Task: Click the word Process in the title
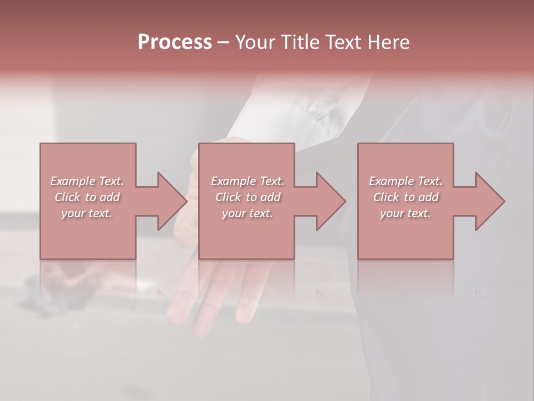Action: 175,42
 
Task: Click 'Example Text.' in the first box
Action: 87,181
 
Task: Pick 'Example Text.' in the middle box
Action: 247,181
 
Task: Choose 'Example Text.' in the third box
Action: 406,181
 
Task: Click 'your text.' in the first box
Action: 87,213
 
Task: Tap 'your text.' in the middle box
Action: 247,213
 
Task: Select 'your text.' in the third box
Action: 406,213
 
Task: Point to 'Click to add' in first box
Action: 87,197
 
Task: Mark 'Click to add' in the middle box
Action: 247,197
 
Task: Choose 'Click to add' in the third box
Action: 406,197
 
